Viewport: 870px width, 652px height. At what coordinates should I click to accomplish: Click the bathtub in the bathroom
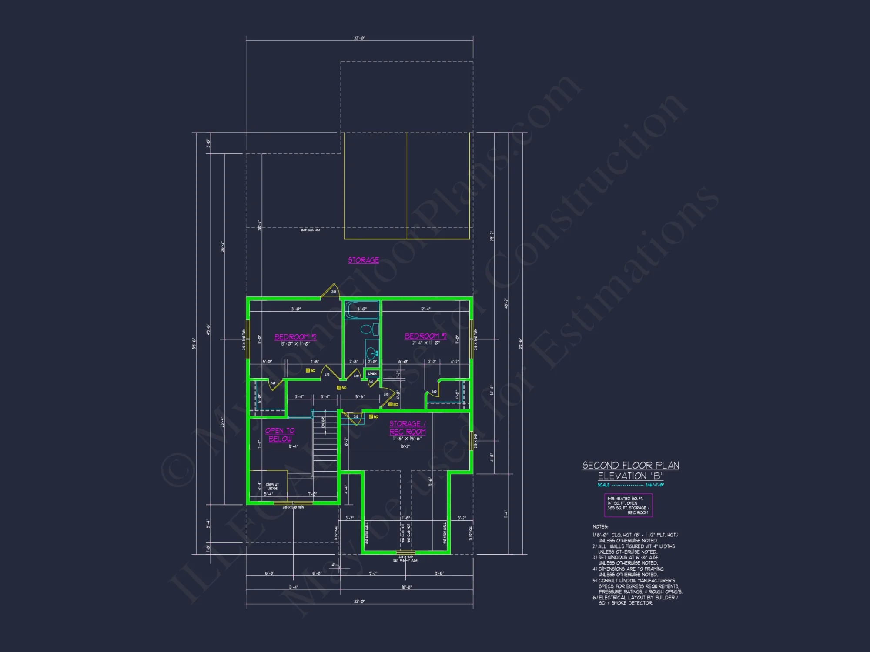[361, 310]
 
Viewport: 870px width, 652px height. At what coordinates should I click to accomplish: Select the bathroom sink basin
[371, 353]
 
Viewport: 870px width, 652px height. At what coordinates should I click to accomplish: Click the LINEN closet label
[372, 374]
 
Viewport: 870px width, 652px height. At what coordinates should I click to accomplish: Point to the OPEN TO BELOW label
[280, 435]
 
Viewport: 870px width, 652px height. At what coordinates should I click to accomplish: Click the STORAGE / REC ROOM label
[408, 427]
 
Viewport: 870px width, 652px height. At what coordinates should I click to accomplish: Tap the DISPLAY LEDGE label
[272, 486]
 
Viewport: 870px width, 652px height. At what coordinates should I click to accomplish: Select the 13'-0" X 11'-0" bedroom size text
[295, 344]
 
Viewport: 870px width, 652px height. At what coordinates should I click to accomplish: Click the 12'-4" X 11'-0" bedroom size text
[425, 343]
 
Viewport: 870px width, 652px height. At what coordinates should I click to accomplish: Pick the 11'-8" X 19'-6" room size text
[407, 439]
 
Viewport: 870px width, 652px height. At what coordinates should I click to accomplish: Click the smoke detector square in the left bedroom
[308, 371]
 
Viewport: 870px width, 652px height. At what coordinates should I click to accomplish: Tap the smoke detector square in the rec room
[371, 417]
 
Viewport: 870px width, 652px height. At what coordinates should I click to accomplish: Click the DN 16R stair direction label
[323, 422]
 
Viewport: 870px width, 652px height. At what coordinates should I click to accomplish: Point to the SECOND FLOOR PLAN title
[631, 466]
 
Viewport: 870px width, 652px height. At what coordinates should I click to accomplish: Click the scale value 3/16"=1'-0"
[654, 485]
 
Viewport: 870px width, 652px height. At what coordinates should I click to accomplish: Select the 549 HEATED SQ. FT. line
[625, 499]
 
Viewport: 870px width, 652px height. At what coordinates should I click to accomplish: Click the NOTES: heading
[600, 527]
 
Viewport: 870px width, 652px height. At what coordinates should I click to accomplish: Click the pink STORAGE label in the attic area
[363, 260]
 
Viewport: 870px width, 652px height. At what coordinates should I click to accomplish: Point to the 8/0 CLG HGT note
[311, 230]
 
